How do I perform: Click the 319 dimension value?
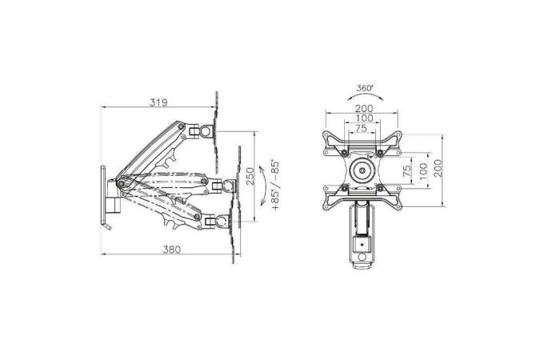(158, 102)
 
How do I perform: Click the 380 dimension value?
(172, 250)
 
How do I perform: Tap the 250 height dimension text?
(250, 176)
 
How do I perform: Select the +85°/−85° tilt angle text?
(275, 186)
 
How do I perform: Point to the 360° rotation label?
(365, 88)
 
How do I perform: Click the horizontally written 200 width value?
(364, 109)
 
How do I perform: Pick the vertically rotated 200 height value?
(438, 168)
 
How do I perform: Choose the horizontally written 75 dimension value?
(361, 128)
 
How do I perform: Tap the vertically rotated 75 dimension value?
(407, 170)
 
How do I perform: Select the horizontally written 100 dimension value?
(364, 118)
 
